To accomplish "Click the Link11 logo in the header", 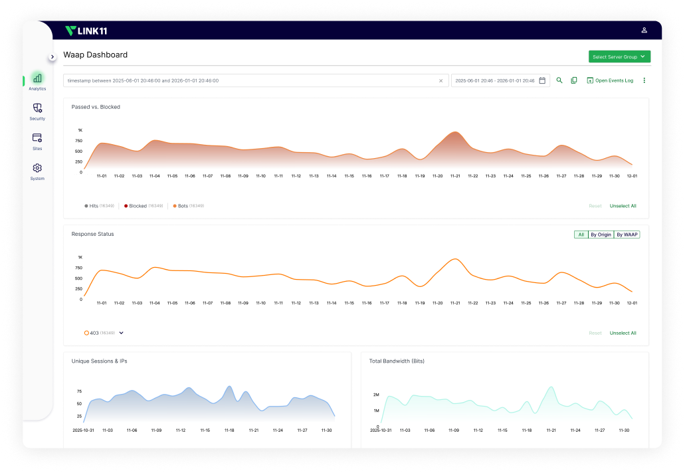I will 86,31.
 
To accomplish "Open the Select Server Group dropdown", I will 619,57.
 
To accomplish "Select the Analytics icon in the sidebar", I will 37,78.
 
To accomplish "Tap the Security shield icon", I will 37,108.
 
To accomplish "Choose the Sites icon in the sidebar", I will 37,138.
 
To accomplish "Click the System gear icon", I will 37,168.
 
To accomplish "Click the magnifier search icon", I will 559,80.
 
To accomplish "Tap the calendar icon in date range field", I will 542,80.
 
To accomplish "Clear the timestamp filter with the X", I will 440,81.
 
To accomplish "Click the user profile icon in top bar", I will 644,31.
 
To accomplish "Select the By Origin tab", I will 601,235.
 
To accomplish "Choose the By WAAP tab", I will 627,235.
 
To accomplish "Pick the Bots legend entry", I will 183,206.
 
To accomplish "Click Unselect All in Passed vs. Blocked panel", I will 623,206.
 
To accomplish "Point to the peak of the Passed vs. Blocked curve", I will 454,132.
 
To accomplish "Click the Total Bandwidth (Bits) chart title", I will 397,361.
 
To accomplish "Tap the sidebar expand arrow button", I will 52,57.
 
